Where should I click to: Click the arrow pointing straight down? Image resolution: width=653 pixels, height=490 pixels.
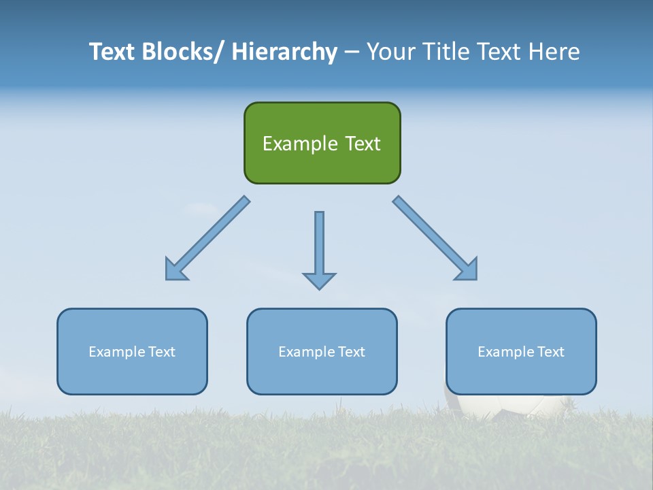[x=319, y=245]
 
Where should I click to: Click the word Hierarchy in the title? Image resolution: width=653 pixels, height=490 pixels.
[x=284, y=52]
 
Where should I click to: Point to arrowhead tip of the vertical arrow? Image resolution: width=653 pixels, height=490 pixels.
[x=319, y=288]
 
